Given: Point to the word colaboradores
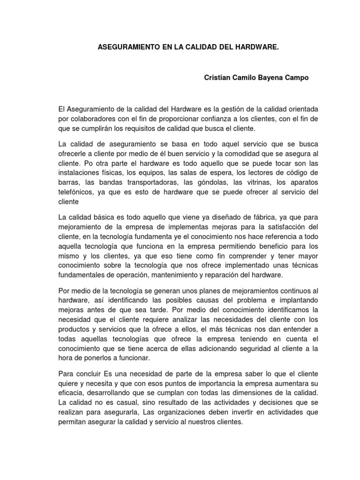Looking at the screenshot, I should (91, 119).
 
